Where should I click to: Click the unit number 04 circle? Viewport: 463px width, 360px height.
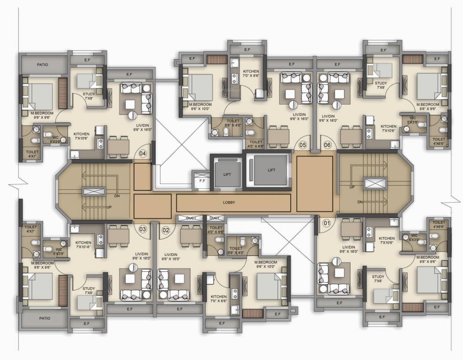click(143, 153)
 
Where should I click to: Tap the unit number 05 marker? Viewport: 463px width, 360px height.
click(303, 145)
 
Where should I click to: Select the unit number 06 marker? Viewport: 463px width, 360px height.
click(327, 145)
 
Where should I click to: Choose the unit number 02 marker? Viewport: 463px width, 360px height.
click(166, 230)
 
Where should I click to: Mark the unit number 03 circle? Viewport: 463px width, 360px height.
click(142, 229)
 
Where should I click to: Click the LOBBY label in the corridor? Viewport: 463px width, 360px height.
click(229, 202)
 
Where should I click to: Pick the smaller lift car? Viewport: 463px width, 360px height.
click(227, 174)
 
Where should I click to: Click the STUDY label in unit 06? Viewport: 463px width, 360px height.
click(381, 84)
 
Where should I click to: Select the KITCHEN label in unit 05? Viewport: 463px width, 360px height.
click(251, 73)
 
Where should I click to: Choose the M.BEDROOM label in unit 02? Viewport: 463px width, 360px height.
click(266, 264)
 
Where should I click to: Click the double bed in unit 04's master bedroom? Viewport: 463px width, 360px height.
click(41, 96)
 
